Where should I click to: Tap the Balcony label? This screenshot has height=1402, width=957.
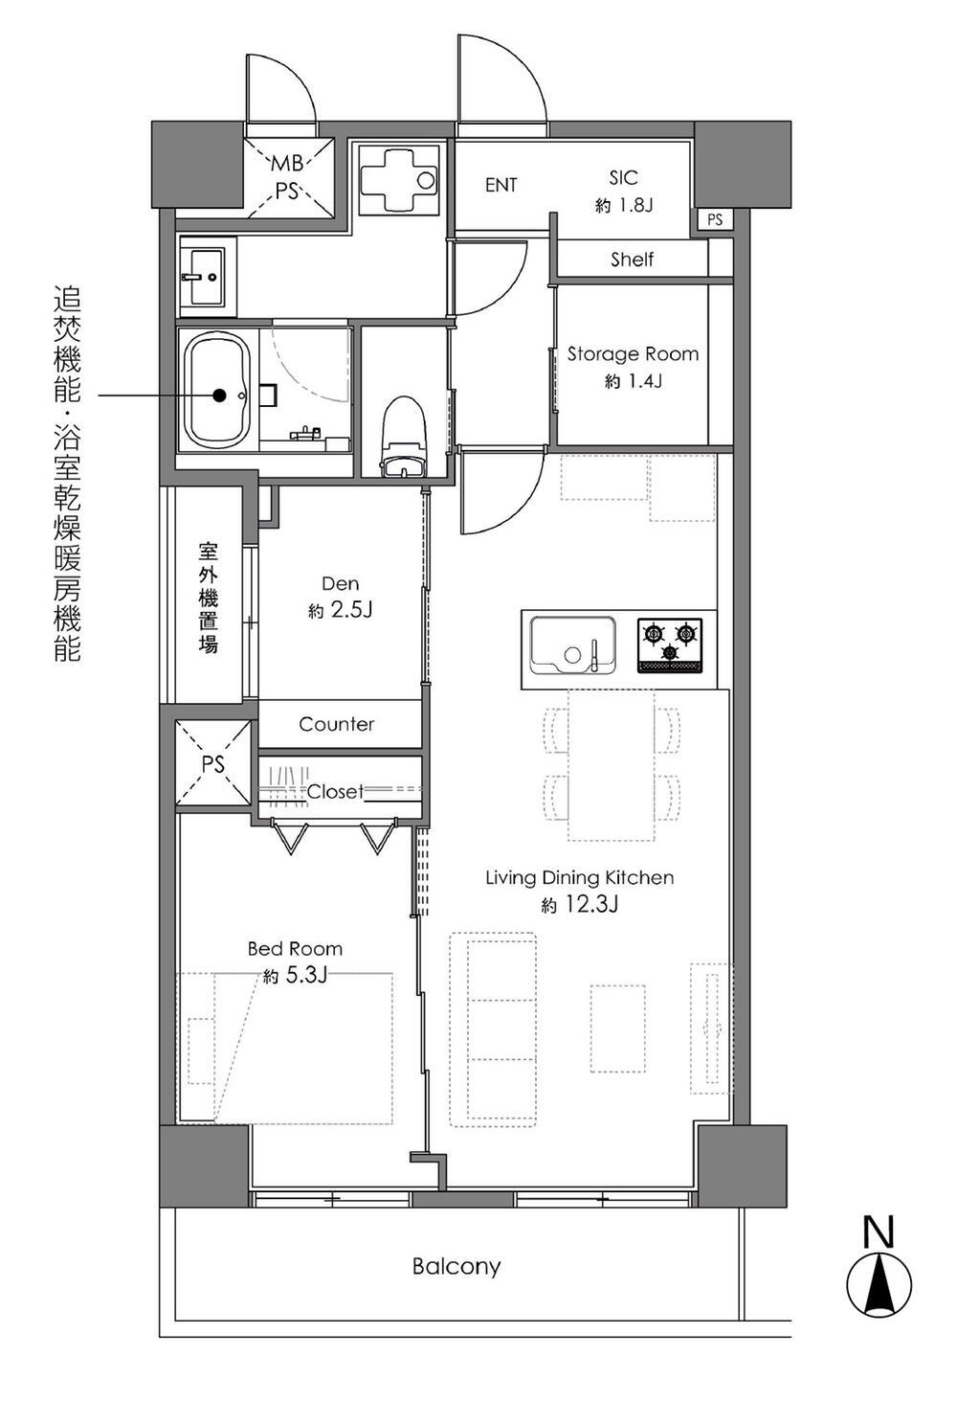pyautogui.click(x=456, y=1266)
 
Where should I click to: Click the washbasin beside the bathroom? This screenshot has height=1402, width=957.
pyautogui.click(x=201, y=276)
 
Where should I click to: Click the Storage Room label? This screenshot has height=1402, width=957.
pyautogui.click(x=633, y=353)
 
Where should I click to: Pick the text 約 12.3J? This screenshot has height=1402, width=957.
pyautogui.click(x=579, y=903)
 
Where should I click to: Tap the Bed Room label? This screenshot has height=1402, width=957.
pyautogui.click(x=295, y=948)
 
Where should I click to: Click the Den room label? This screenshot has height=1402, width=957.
pyautogui.click(x=341, y=583)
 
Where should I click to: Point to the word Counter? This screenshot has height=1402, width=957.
pyautogui.click(x=337, y=724)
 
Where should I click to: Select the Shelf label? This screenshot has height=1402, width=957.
pyautogui.click(x=632, y=259)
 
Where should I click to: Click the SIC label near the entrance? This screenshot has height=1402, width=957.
pyautogui.click(x=623, y=177)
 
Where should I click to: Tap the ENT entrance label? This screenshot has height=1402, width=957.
pyautogui.click(x=501, y=185)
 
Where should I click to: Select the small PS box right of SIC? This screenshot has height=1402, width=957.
pyautogui.click(x=714, y=220)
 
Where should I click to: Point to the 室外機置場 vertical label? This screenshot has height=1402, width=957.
pyautogui.click(x=208, y=598)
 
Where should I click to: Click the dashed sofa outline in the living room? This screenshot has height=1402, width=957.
pyautogui.click(x=493, y=1028)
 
